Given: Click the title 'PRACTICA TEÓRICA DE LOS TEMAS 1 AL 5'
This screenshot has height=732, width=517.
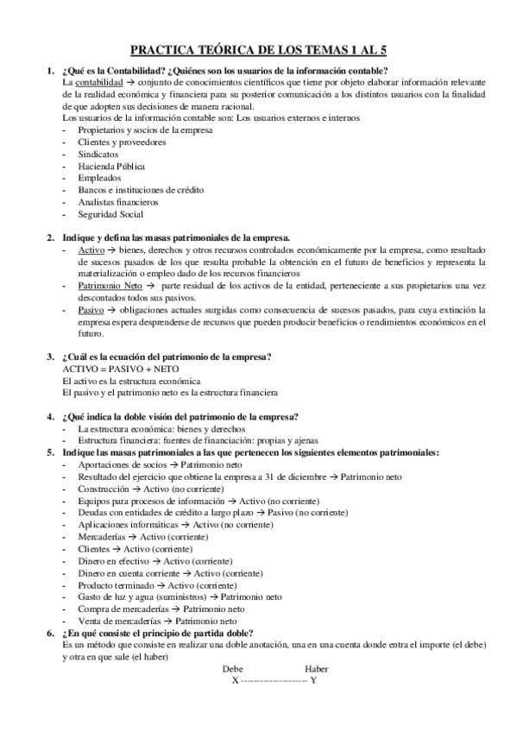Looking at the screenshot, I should (x=259, y=51).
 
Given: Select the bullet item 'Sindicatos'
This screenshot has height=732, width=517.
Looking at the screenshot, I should (x=98, y=153).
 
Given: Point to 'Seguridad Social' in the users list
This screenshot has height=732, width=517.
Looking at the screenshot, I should (x=110, y=214).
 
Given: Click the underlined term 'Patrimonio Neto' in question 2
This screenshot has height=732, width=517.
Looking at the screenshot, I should (x=109, y=285).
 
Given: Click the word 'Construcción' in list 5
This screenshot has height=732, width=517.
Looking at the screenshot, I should (x=103, y=488).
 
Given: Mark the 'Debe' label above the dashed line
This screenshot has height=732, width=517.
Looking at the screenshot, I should (x=233, y=669).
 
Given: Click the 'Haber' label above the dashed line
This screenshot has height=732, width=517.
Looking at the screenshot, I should (x=317, y=669).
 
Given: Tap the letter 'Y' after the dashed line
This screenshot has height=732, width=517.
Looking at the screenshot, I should (x=313, y=680).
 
